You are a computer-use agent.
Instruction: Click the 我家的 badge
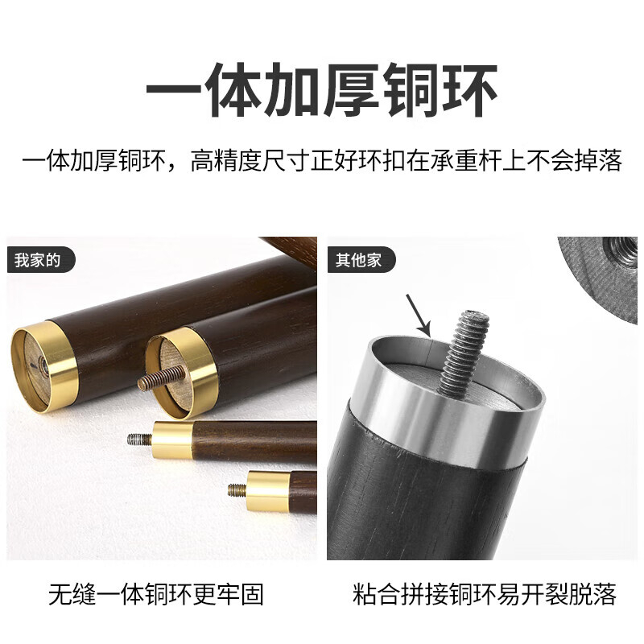point(41,260)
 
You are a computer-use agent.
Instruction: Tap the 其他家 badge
point(361,260)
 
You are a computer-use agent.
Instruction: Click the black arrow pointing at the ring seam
point(418,315)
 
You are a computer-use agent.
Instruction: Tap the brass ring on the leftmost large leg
point(44,366)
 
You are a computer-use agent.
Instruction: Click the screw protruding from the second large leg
point(161,377)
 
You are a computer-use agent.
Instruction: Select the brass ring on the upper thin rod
point(172,440)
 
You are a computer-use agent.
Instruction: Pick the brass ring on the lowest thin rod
point(269,491)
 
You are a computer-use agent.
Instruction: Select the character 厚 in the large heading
point(352,89)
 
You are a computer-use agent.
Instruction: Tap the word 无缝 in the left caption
point(72,594)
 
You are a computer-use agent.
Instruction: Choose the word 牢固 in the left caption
point(239,594)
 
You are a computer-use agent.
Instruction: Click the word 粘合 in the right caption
point(376,594)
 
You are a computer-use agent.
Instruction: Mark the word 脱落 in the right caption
point(593,594)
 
